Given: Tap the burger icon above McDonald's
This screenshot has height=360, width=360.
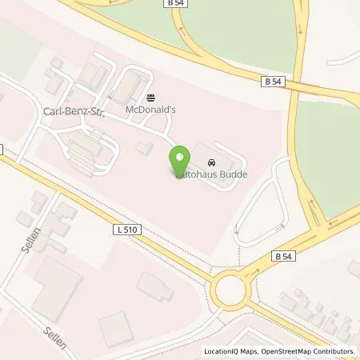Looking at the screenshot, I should pos(150,94).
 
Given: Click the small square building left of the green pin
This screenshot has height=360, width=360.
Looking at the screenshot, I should pos(145,149).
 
